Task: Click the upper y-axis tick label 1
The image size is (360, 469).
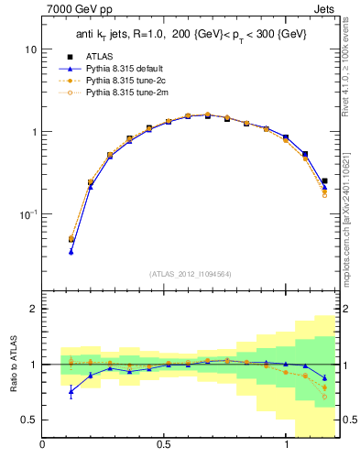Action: pos(34,131)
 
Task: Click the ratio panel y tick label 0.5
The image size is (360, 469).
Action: pos(30,420)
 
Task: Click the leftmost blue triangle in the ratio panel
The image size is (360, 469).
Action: pos(71,392)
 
